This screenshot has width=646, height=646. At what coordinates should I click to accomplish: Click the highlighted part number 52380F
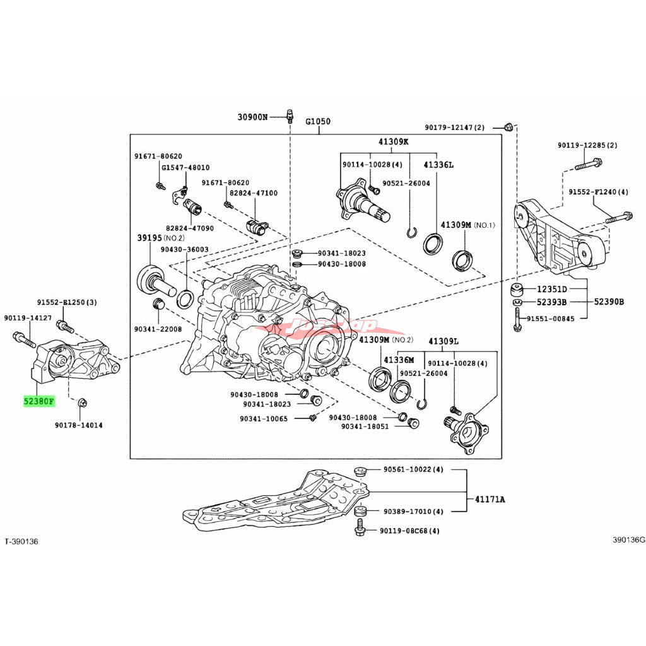[39, 401]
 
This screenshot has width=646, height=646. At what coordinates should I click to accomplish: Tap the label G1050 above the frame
[318, 121]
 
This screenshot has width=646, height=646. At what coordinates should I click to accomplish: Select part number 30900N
[252, 117]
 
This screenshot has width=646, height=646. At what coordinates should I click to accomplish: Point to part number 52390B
[609, 302]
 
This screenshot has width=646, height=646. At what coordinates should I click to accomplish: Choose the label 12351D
[552, 290]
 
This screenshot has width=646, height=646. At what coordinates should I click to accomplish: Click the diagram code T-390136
[21, 541]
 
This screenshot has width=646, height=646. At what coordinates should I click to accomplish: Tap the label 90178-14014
[79, 425]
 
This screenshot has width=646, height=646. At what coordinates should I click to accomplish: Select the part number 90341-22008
[158, 329]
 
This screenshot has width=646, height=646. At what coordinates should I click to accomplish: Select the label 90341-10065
[263, 418]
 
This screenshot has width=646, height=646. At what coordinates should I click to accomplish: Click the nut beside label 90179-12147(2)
[508, 128]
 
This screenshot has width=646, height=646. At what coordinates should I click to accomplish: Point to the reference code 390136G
[628, 540]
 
